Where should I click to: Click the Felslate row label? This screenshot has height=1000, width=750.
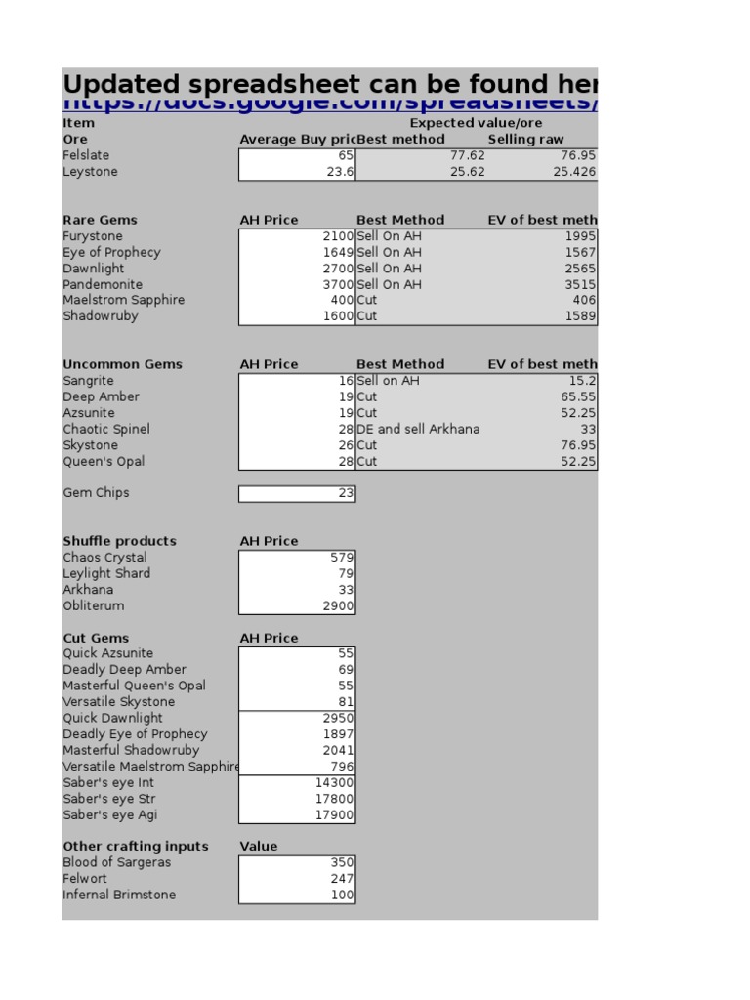[86, 155]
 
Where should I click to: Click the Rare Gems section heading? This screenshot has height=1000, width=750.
[100, 220]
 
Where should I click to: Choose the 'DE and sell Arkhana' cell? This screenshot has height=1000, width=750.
[418, 429]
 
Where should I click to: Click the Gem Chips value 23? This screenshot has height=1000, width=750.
[346, 493]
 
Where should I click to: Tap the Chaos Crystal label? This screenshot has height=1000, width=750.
[104, 558]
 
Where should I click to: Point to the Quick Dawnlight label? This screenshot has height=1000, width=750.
[112, 718]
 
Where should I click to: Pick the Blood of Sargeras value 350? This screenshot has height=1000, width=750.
[342, 862]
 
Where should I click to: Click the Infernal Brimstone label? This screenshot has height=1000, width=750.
[119, 895]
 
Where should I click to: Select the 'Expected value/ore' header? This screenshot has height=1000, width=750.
[476, 123]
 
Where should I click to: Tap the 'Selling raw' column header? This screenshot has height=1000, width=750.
[525, 140]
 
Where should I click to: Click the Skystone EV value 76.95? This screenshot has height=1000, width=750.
[576, 445]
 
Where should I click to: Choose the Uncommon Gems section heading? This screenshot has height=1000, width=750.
[122, 364]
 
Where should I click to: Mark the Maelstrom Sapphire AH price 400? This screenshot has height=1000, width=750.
[342, 300]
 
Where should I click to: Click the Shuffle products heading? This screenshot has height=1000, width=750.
[119, 541]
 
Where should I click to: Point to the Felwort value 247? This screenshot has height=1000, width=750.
[342, 879]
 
